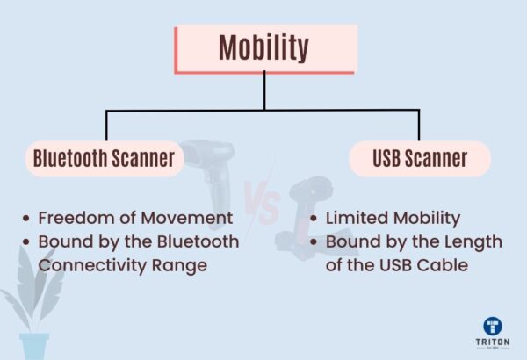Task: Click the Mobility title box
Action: pyautogui.click(x=264, y=48)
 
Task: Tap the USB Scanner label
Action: pyautogui.click(x=419, y=159)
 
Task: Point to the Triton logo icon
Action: pyautogui.click(x=491, y=326)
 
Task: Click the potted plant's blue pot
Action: pyautogui.click(x=35, y=345)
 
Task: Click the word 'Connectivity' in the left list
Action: pyautogui.click(x=84, y=264)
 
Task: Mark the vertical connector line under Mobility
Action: pyautogui.click(x=263, y=91)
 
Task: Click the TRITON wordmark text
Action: pyautogui.click(x=491, y=343)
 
